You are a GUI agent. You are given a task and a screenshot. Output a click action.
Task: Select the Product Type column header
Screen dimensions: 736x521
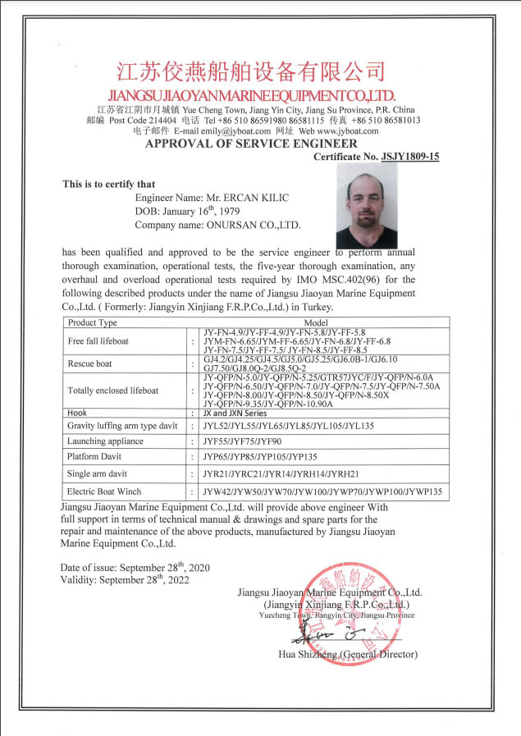tap(93, 322)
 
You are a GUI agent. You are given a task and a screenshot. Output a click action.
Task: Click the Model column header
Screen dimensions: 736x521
tap(316, 322)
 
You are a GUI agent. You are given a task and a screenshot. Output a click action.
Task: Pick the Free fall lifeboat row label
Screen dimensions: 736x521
tap(98, 341)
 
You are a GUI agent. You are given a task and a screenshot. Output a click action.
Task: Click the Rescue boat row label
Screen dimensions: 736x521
tap(90, 363)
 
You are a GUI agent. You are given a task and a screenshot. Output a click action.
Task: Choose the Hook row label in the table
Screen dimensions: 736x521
tap(76, 414)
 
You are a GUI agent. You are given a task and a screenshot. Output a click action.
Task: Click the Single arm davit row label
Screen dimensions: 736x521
tap(98, 473)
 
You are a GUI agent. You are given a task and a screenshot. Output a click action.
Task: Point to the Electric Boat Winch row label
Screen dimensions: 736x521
tap(104, 492)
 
